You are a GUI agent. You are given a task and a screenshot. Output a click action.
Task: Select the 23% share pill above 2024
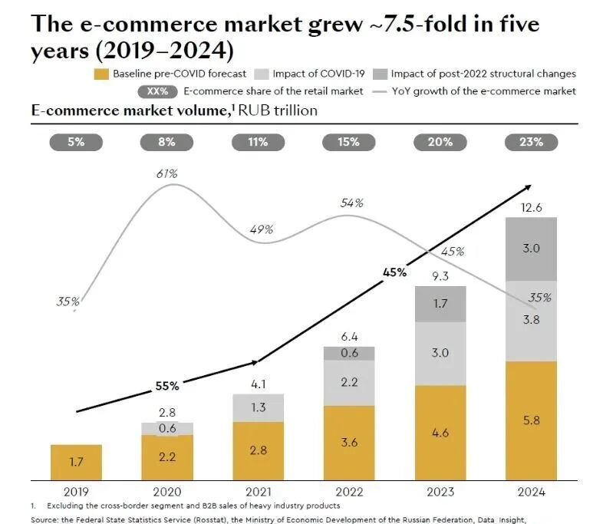pos(530,142)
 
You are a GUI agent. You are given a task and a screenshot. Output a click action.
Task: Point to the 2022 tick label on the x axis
pos(349,492)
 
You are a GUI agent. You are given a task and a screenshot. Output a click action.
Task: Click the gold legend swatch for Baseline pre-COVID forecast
pos(101,74)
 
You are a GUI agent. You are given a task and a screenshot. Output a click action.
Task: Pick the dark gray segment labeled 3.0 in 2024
pos(531,248)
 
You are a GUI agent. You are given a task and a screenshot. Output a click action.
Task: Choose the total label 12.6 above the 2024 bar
pos(531,208)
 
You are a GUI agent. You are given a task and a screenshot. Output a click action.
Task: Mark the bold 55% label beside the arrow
pos(166,386)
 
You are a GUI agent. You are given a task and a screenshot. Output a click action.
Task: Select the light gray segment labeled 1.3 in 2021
pos(258,407)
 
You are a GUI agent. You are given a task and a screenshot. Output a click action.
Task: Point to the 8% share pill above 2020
pos(166,142)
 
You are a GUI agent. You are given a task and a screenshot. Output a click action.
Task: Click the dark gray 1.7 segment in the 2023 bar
pos(440,304)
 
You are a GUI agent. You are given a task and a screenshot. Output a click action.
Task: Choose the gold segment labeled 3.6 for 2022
pos(349,443)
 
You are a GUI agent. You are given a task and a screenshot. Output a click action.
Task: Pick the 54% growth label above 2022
pos(351,203)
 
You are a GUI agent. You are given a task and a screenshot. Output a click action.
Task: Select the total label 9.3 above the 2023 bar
pos(440,275)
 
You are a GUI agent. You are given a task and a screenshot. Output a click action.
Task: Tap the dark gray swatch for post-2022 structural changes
pos(380,74)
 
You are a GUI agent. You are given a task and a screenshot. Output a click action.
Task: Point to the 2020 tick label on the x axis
pos(166,492)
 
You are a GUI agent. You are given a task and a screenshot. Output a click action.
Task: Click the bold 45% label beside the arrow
pos(394,272)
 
